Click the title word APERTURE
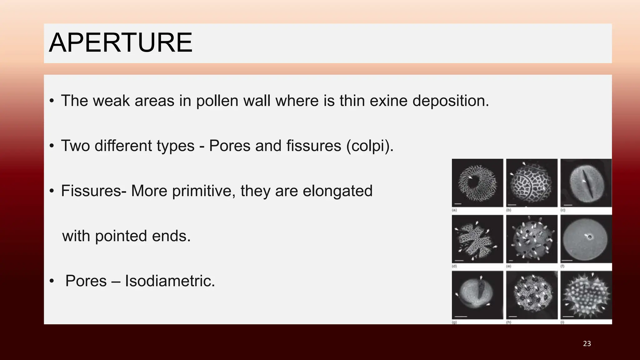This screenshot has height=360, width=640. [x=121, y=43]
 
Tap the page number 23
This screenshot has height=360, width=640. [x=587, y=344]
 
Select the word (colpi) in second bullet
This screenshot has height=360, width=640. [x=370, y=146]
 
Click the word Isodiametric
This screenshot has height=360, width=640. [x=170, y=281]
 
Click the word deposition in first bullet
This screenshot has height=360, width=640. [x=451, y=101]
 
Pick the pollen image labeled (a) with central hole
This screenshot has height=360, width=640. [x=477, y=183]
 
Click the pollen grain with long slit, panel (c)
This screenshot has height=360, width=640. [x=586, y=183]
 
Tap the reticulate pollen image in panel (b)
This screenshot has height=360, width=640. [x=532, y=183]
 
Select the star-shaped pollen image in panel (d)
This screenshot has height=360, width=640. [x=477, y=239]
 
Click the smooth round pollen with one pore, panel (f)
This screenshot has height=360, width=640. [x=586, y=239]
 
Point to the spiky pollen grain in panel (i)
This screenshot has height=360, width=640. [x=586, y=295]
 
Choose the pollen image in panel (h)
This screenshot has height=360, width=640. [x=532, y=295]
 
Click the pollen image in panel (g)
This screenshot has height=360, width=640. [x=477, y=295]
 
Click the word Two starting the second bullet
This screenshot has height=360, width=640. [x=75, y=146]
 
